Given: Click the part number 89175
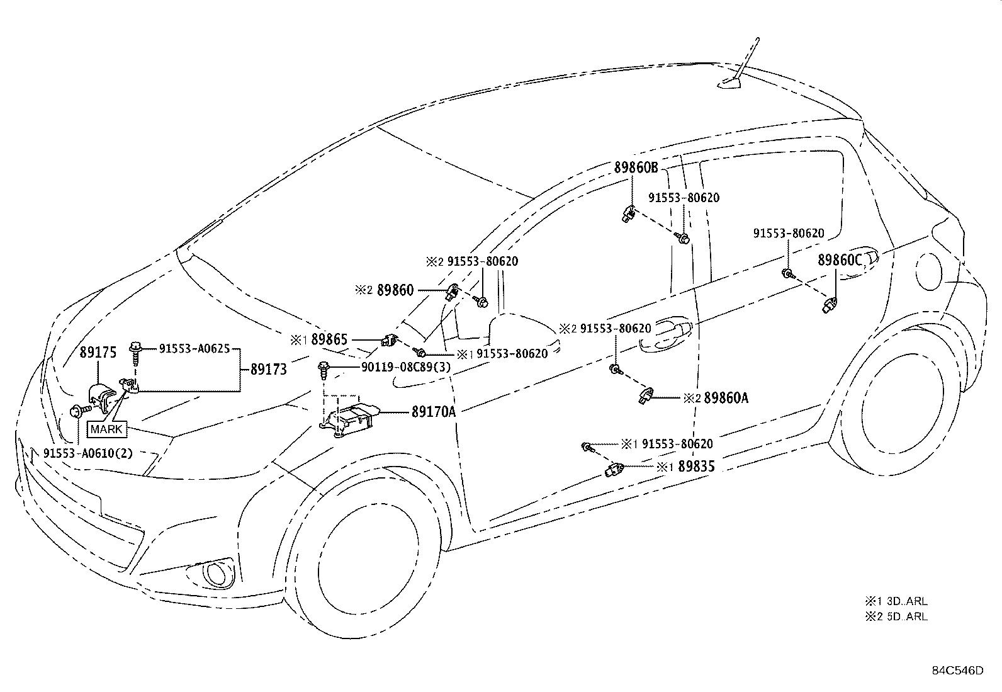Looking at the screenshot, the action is [98, 352].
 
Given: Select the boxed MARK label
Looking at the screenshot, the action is [106, 429].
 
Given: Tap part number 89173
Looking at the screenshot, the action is [268, 369].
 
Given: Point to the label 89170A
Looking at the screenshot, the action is [434, 412].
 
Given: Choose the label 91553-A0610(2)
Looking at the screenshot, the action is [88, 453].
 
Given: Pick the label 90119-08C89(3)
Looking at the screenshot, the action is [406, 367].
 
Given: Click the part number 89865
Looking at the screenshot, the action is [329, 340].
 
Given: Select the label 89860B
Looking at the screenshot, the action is [636, 167].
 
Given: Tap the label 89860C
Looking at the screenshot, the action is [840, 260].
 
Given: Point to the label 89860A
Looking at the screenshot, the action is [726, 398].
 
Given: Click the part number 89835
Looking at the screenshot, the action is [697, 467].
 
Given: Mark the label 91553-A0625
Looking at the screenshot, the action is [194, 348].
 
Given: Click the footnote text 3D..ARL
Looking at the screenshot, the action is [907, 601].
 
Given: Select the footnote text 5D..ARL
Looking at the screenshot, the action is [907, 616].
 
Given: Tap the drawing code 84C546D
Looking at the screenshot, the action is [958, 671].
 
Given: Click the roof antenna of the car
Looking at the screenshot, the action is [743, 67].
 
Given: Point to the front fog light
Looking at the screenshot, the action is [215, 574].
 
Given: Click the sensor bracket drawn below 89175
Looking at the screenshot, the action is [101, 397].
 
